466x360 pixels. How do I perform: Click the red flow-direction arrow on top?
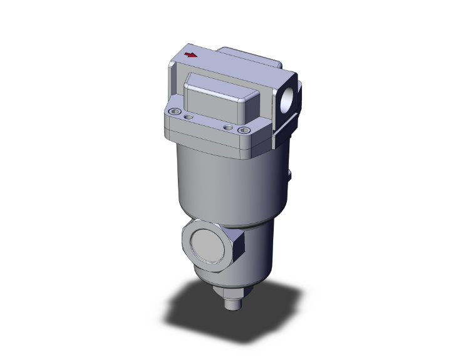tap(192, 55)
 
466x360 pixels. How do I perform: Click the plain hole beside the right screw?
tap(229, 128)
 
